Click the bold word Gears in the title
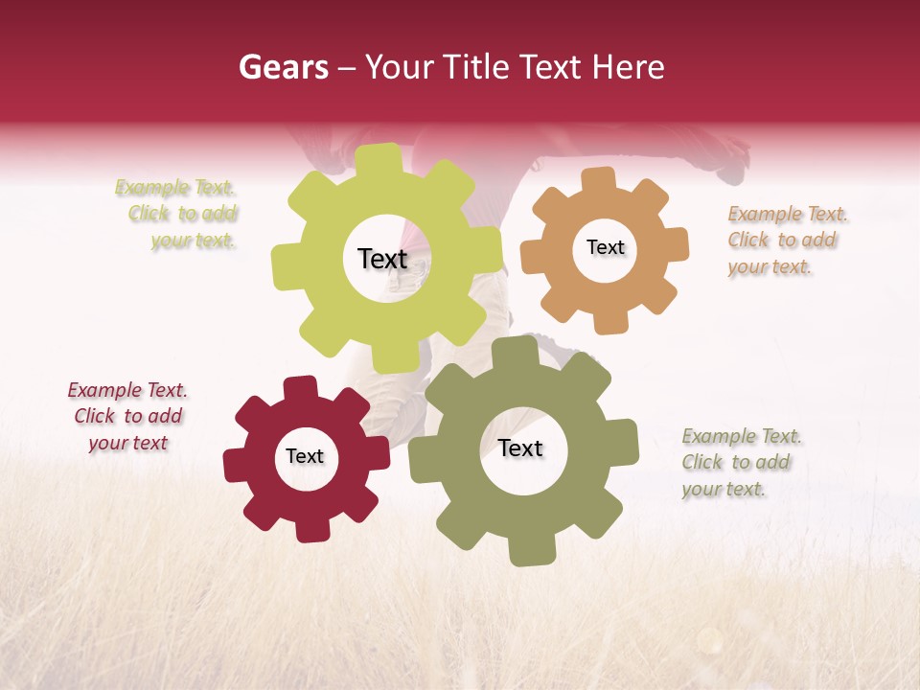(x=282, y=67)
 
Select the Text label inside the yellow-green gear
(x=382, y=259)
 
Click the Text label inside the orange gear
(x=605, y=247)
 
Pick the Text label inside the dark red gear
(x=305, y=456)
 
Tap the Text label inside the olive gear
(x=520, y=448)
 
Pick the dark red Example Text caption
(x=127, y=417)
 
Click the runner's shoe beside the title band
(x=733, y=159)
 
